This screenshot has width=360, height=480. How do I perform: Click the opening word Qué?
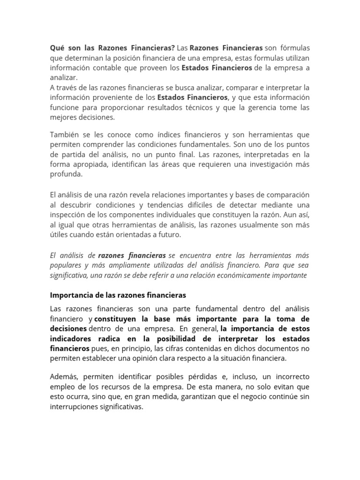tap(57, 48)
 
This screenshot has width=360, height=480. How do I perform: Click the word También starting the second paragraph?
tap(65, 135)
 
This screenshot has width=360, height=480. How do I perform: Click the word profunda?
tap(66, 174)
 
